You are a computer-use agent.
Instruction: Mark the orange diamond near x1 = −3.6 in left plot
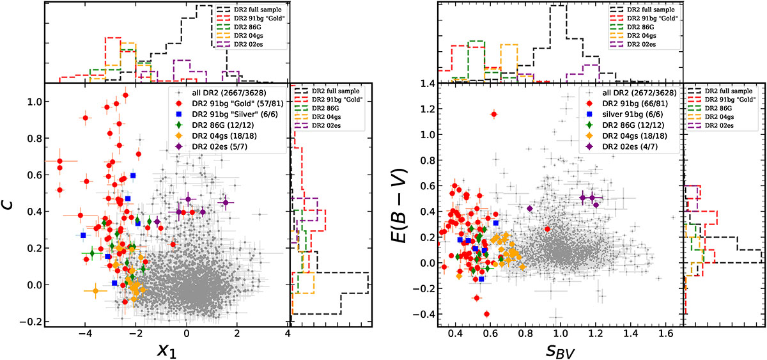point(95,291)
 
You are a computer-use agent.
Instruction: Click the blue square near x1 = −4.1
point(83,235)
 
